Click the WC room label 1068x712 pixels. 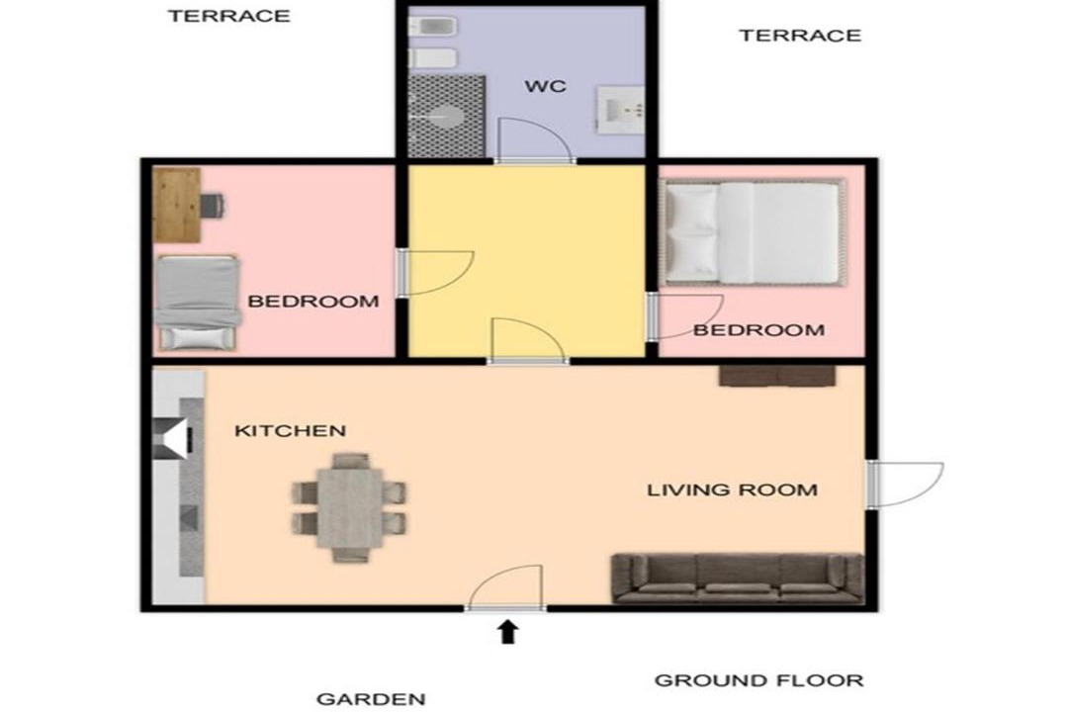(x=546, y=87)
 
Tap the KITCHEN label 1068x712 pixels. (x=290, y=430)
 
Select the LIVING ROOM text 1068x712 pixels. (x=732, y=489)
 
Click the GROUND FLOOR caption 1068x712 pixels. (x=758, y=680)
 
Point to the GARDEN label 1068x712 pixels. (x=371, y=699)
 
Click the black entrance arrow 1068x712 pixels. (x=507, y=632)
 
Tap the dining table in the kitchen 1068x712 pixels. (x=350, y=507)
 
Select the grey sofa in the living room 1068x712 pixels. (x=738, y=578)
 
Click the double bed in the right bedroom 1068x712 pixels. (x=753, y=231)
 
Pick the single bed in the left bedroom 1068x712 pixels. (x=198, y=303)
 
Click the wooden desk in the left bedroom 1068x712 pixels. (x=177, y=205)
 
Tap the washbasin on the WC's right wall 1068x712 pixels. (x=620, y=109)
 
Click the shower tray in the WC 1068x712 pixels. (x=446, y=117)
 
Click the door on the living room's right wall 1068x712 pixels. (x=905, y=484)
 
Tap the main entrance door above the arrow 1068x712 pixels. (x=504, y=587)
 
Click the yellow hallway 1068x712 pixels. (x=526, y=260)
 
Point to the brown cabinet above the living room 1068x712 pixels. (x=778, y=376)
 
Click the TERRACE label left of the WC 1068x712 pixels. (x=228, y=16)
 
